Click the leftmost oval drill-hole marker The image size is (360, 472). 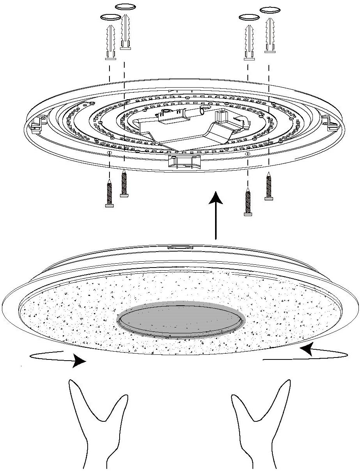[110, 17]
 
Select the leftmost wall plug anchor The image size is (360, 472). [110, 42]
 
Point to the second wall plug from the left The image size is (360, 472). [125, 33]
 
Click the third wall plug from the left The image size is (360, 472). [249, 42]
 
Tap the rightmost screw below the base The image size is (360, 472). [268, 186]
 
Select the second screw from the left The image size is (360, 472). [124, 183]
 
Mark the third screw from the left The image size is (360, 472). [247, 201]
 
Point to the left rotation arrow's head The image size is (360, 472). [80, 362]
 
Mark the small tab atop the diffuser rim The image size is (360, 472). [180, 247]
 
